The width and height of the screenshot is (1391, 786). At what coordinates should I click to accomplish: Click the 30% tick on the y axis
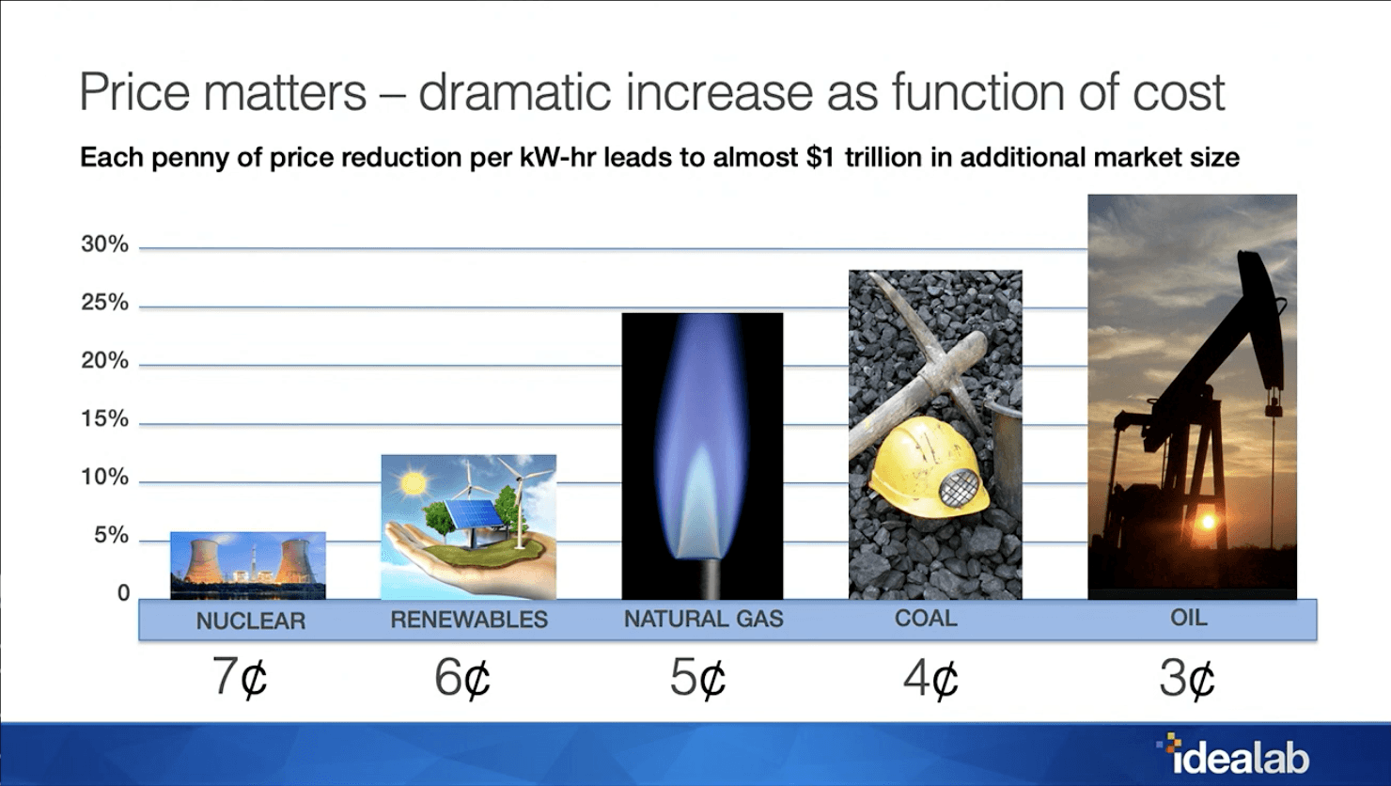coord(104,244)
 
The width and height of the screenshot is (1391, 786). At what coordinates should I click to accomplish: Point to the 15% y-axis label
coord(104,419)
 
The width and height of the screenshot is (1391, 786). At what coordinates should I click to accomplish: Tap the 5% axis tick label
coord(111,536)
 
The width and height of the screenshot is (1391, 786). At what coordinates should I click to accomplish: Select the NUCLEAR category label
coord(251,621)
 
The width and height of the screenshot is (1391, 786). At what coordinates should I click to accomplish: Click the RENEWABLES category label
coord(469,620)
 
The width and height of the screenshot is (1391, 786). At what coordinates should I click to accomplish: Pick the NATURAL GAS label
coord(704,619)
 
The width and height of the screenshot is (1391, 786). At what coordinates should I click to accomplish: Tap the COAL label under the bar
coord(926,619)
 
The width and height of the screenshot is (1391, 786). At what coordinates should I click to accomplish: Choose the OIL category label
coord(1189,618)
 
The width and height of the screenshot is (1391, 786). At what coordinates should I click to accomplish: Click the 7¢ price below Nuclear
coord(240,677)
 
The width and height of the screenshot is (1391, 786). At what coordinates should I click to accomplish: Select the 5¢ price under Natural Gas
coord(697,677)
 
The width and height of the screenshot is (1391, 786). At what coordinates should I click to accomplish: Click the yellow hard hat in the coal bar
coord(928,466)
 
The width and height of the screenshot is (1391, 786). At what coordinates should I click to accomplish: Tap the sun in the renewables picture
coord(413,482)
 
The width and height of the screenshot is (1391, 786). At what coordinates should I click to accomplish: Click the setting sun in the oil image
coord(1207,521)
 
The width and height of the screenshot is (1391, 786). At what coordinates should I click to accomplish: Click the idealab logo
coord(1233,755)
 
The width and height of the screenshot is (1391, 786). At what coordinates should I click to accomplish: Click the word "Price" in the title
coord(134,92)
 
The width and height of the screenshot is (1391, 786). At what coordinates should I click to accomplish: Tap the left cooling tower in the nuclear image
coord(203,562)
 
